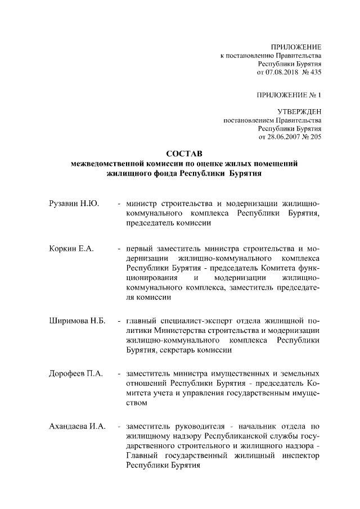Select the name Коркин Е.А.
(71, 249)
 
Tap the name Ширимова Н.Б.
(76, 322)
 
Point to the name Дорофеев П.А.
(75, 373)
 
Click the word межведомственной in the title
(108, 164)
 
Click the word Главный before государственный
(143, 456)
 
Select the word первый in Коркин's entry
(142, 249)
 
